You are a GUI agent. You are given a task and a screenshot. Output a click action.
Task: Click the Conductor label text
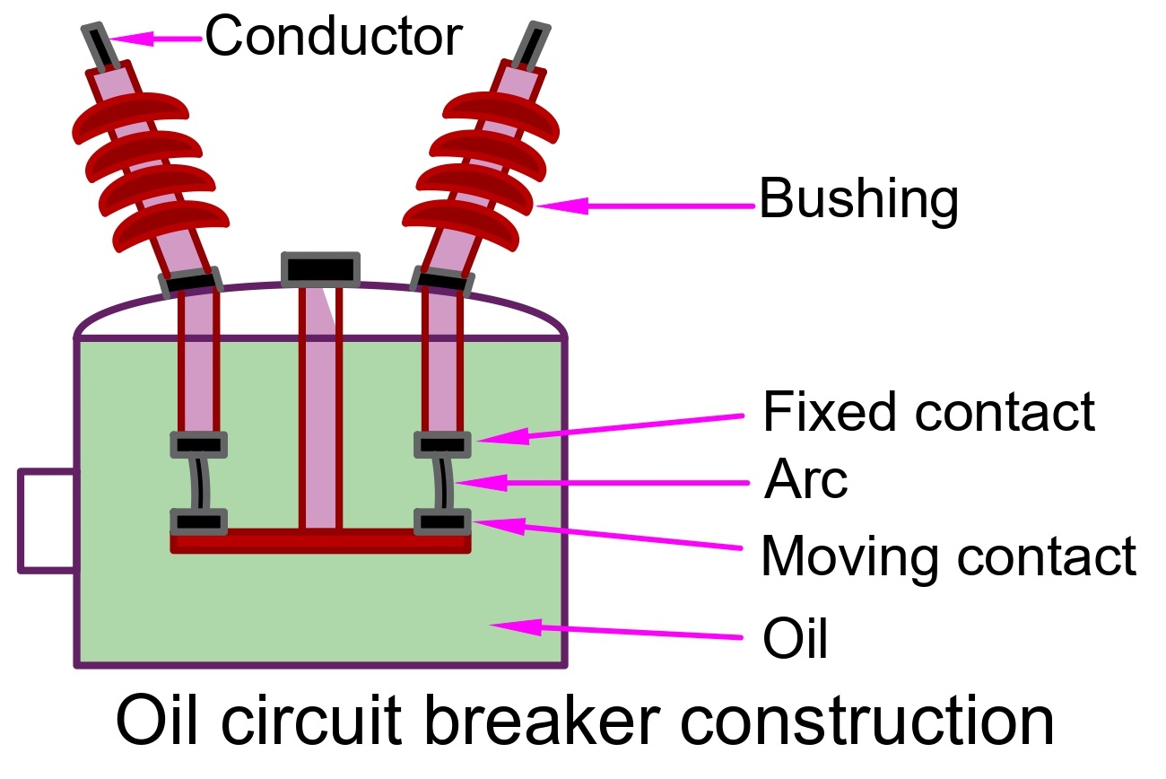click(x=334, y=37)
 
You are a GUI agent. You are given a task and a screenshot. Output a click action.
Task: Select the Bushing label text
click(x=858, y=199)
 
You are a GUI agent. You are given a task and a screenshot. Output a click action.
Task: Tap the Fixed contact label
click(x=928, y=412)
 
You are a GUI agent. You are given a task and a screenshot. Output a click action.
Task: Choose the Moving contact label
click(x=948, y=556)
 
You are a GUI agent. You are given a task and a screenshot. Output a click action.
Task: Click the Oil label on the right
click(x=795, y=639)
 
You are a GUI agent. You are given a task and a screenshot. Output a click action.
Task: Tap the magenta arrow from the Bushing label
click(x=646, y=206)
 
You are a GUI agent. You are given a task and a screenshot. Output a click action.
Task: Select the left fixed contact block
click(x=198, y=443)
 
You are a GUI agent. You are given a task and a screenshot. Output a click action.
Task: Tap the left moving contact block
click(x=198, y=521)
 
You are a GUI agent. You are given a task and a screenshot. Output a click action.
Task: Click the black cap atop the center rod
click(x=321, y=268)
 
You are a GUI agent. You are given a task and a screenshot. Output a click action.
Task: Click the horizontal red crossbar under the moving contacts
click(x=320, y=540)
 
